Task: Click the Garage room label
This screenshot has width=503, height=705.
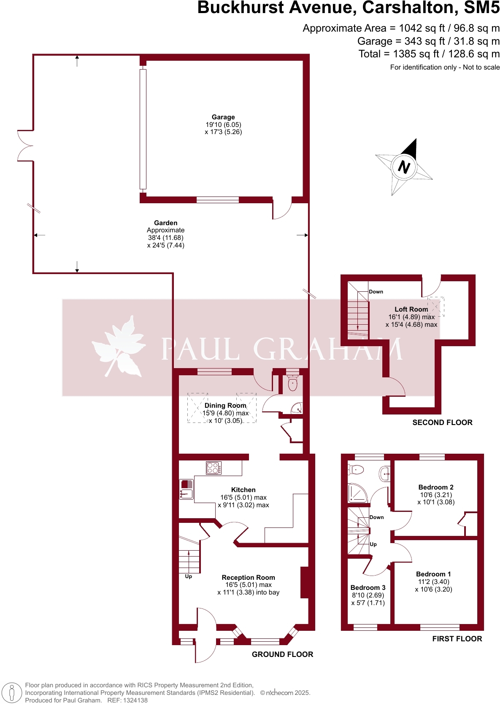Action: click(x=223, y=117)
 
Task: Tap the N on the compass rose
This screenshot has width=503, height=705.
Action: click(x=404, y=167)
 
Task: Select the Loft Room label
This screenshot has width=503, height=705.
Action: click(x=411, y=309)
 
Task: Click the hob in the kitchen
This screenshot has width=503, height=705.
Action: click(x=214, y=468)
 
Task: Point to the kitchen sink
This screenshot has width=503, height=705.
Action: click(x=186, y=490)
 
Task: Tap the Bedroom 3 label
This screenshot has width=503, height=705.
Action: click(x=368, y=587)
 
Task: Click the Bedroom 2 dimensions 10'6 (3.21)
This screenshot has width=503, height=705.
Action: click(x=436, y=495)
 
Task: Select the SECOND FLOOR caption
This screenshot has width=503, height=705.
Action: click(x=442, y=422)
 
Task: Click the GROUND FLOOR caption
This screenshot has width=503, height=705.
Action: click(x=282, y=654)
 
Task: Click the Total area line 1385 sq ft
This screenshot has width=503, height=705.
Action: click(x=429, y=54)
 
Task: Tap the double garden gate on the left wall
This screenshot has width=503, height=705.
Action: click(x=25, y=145)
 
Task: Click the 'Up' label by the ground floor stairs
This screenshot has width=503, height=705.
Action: click(x=188, y=576)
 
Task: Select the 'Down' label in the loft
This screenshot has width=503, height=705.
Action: click(x=376, y=292)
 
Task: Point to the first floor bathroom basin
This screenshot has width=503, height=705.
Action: click(x=385, y=473)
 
